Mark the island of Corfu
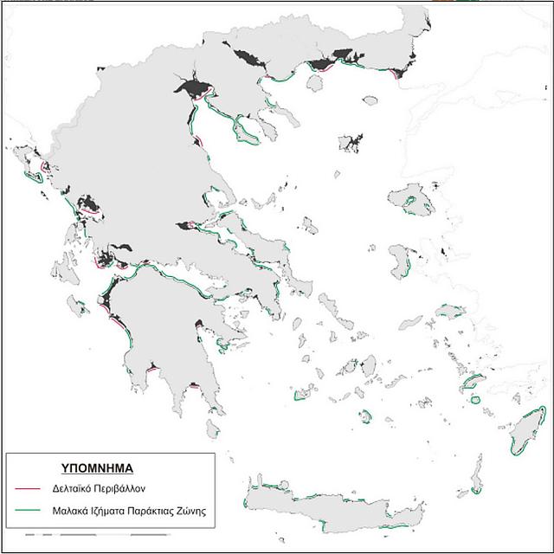coord(33,170)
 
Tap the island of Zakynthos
coord(78,306)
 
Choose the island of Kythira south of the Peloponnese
coord(212,428)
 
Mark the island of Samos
coord(450,312)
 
